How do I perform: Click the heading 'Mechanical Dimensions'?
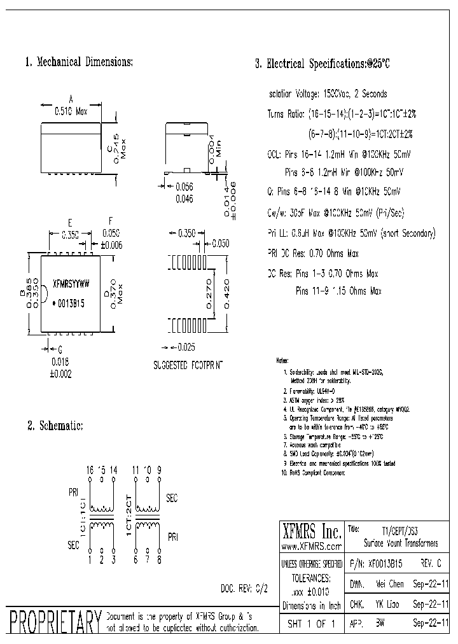pyautogui.click(x=80, y=62)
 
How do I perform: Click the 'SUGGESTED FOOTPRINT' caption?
pyautogui.click(x=188, y=366)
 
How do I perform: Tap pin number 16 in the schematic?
pyautogui.click(x=90, y=470)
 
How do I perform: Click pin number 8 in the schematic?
pyautogui.click(x=159, y=560)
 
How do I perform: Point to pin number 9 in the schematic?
pyautogui.click(x=159, y=470)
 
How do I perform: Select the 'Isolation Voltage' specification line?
pyautogui.click(x=328, y=94)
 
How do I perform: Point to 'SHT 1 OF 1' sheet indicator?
pyautogui.click(x=310, y=624)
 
